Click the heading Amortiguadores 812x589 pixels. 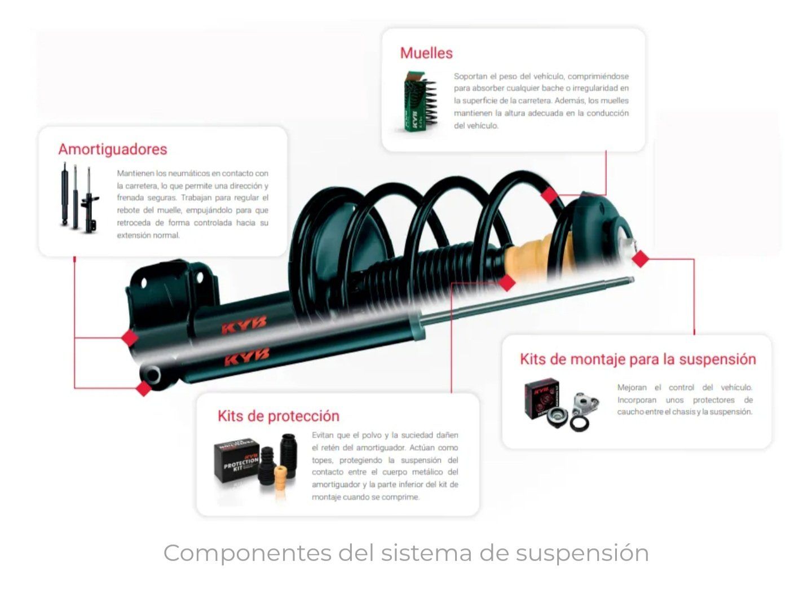tap(113, 150)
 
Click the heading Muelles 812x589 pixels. tap(426, 53)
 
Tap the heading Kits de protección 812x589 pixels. tap(279, 416)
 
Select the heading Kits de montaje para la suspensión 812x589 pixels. tap(638, 359)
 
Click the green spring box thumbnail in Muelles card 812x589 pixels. tap(420, 102)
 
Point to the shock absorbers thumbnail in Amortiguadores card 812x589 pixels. tap(78, 198)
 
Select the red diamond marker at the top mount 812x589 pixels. tap(640, 259)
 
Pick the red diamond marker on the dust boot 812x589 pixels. tap(506, 282)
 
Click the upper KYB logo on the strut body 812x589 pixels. tap(244, 326)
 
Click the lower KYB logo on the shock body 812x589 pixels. tap(246, 357)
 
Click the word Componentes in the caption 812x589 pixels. tap(247, 553)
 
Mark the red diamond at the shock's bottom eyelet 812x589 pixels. tap(143, 388)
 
